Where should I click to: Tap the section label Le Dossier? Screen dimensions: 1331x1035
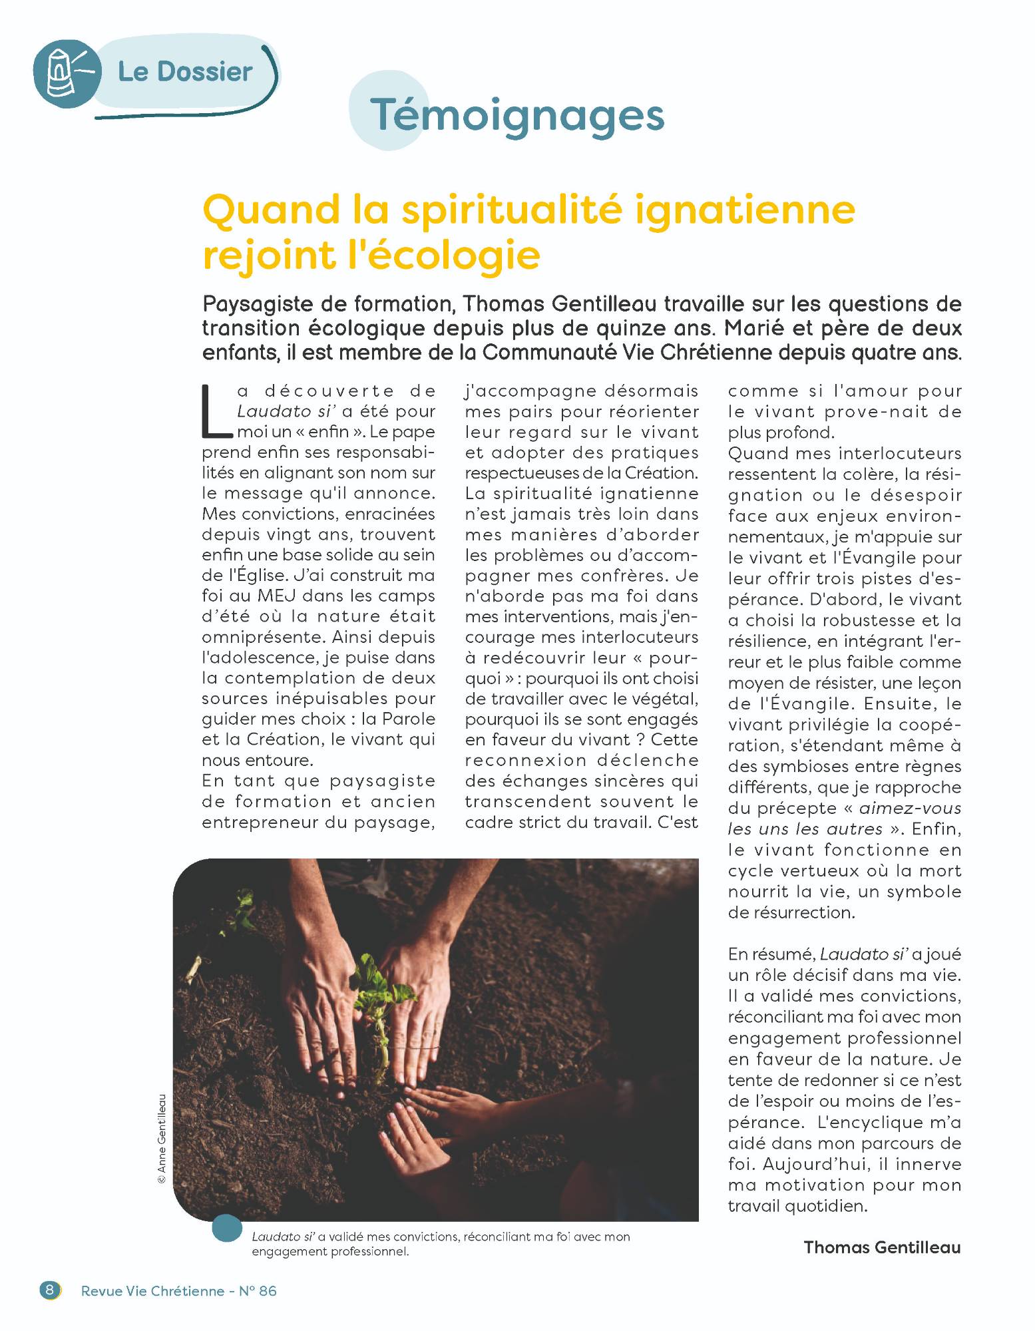click(x=185, y=72)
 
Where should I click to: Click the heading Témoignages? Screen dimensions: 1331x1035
click(x=517, y=116)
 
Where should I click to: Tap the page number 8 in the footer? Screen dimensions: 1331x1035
click(x=50, y=1290)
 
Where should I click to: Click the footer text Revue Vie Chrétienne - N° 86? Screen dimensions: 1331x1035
click(x=178, y=1290)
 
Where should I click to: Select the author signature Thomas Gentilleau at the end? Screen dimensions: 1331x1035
click(x=882, y=1246)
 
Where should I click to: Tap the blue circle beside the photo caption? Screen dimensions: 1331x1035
click(x=227, y=1228)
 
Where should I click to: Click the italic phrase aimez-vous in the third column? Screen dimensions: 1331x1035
click(x=910, y=809)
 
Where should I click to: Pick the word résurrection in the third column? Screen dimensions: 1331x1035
click(x=791, y=912)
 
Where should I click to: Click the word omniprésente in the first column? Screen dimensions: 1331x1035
click(x=262, y=637)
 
